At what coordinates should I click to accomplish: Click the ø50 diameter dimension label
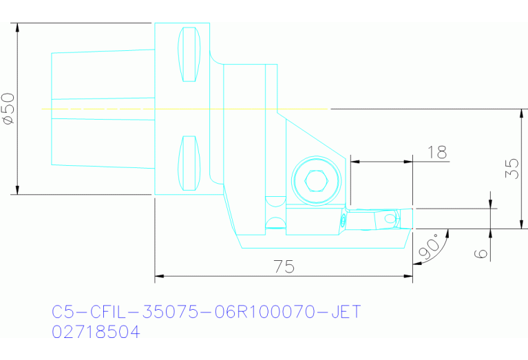point(8,109)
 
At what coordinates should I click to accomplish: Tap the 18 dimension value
point(436,152)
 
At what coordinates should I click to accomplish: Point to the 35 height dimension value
point(511,169)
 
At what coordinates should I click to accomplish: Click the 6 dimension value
point(482,253)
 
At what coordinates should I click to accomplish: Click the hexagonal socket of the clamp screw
point(316,180)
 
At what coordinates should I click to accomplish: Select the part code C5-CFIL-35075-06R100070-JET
point(207,313)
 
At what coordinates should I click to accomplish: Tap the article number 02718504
point(96,332)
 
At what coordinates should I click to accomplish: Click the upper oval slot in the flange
point(189,54)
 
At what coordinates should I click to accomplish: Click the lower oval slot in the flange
point(189,163)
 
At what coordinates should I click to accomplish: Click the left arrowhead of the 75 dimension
point(159,277)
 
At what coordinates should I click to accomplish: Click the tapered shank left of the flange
point(103,109)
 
